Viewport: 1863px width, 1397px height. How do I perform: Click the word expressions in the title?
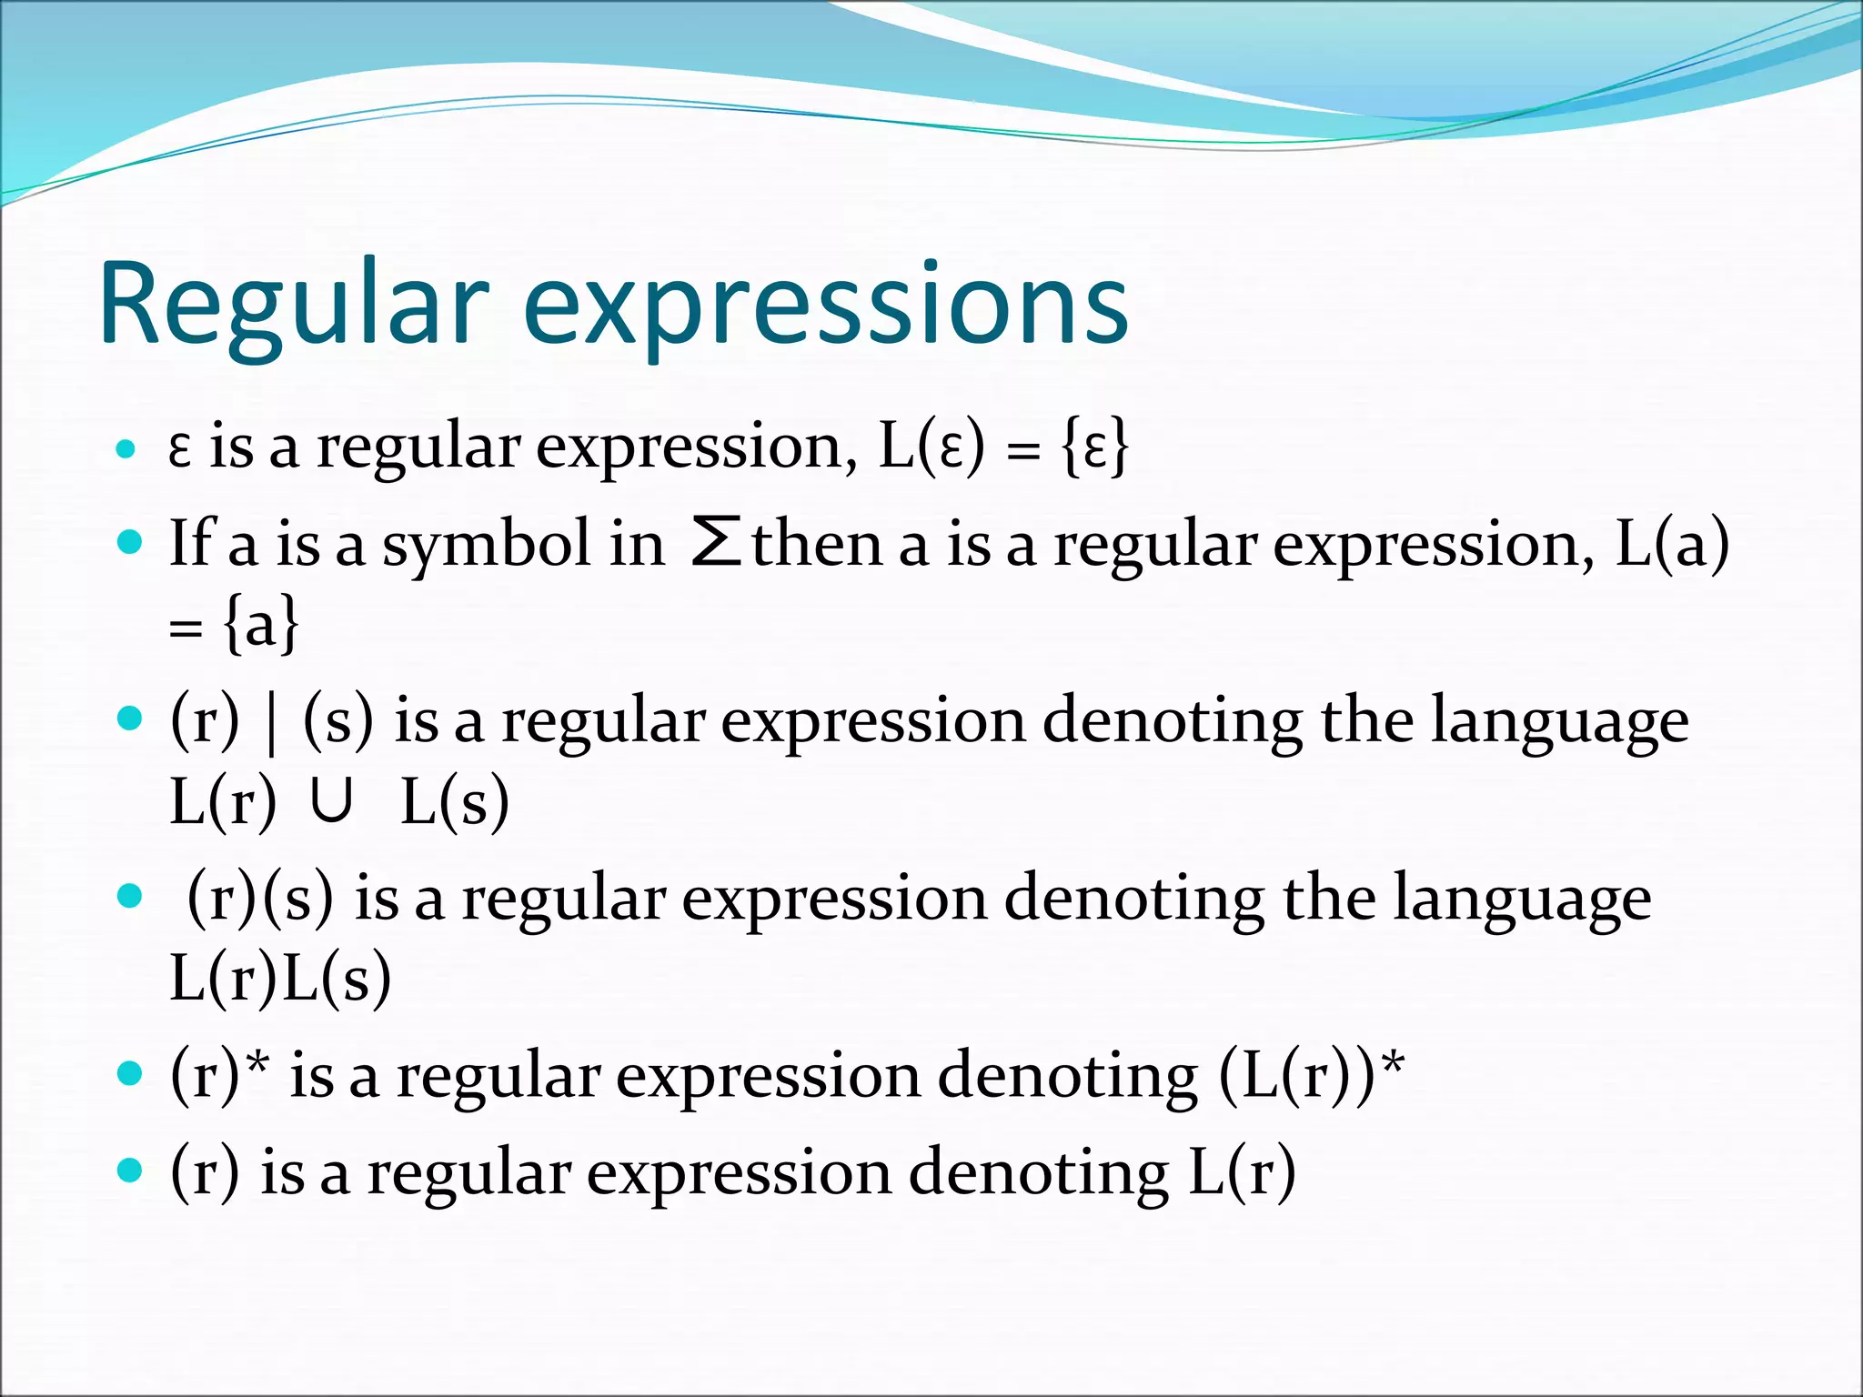tap(826, 305)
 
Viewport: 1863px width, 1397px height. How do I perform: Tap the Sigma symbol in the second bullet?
tap(715, 543)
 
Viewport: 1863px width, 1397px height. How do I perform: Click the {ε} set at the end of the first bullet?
tap(1095, 447)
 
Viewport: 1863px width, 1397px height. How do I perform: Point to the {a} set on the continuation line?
tap(261, 625)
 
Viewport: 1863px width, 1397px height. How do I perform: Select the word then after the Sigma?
tap(817, 544)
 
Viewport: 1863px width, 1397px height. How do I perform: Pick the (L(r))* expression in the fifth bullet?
tap(1311, 1075)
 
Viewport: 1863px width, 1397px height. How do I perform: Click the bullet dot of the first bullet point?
tap(126, 449)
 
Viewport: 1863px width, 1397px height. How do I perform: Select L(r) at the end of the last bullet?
tap(1242, 1172)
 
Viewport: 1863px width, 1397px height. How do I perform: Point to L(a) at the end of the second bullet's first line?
tap(1672, 545)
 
